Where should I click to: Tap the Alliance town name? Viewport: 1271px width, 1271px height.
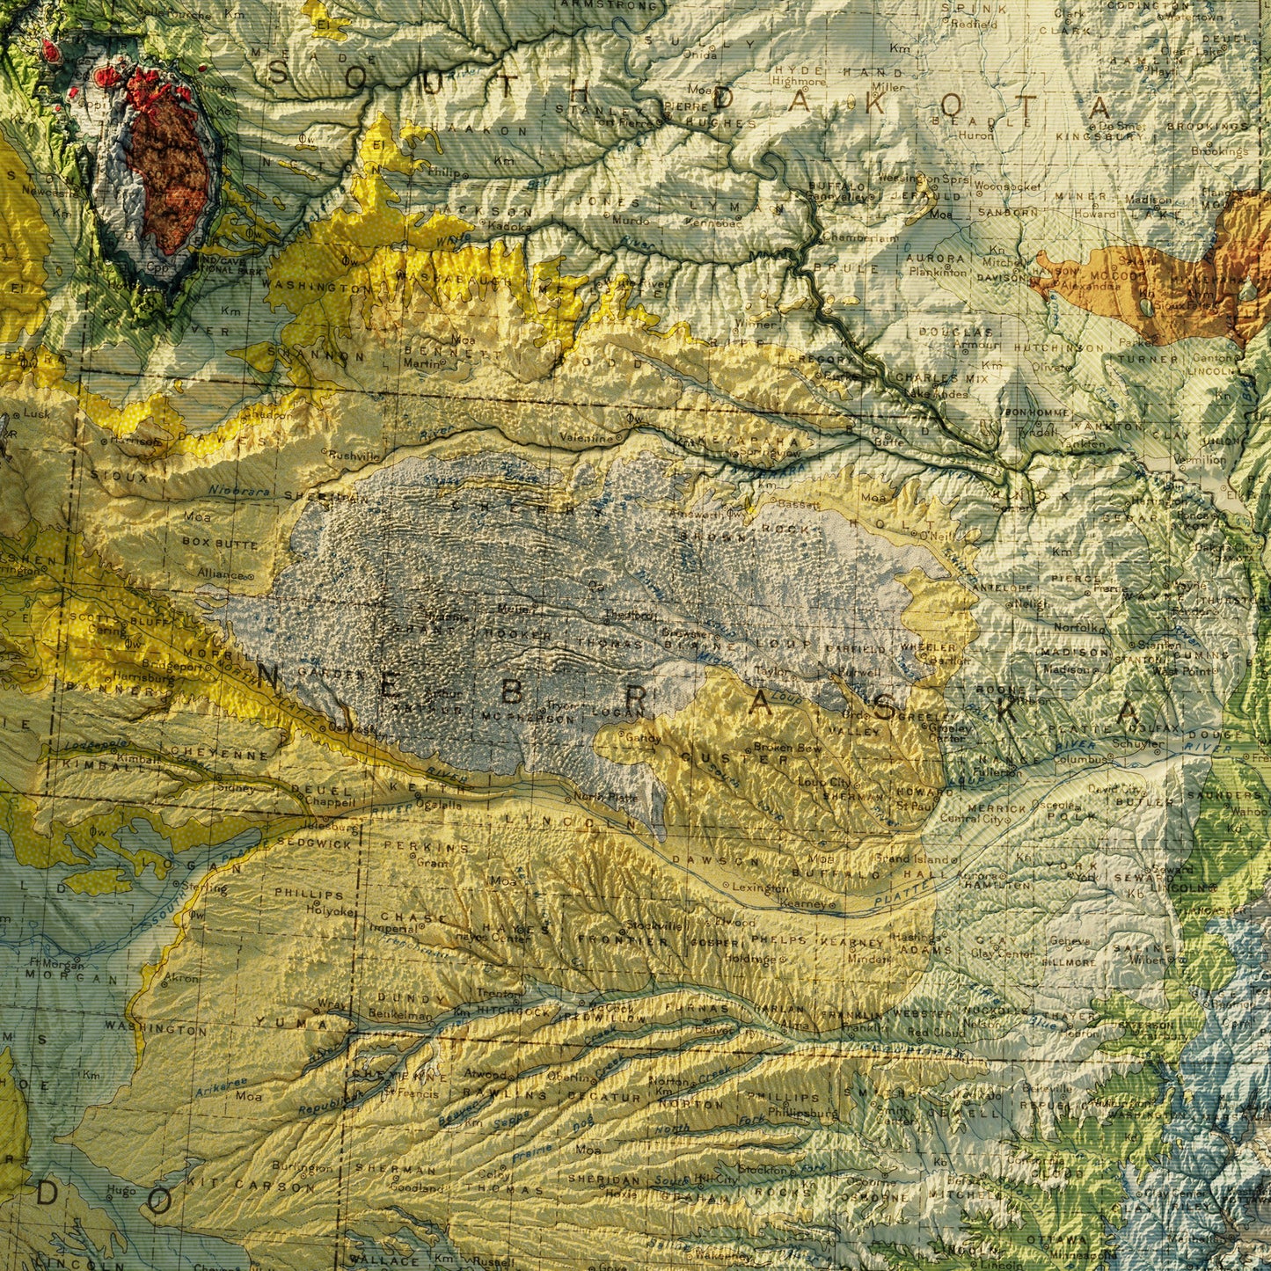click(x=220, y=574)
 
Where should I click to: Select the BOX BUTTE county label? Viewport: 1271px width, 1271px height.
click(x=220, y=544)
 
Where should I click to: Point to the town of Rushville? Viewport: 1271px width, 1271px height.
click(x=352, y=456)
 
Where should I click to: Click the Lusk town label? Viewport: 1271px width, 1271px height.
click(x=37, y=413)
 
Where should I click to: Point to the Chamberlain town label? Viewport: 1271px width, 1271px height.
click(x=851, y=237)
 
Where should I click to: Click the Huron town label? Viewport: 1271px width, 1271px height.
click(x=975, y=135)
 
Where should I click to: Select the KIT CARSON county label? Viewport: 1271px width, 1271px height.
click(x=250, y=1185)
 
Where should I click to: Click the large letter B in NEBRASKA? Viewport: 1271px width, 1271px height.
click(x=511, y=692)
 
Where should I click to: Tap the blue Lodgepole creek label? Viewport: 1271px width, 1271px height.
click(x=90, y=745)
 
